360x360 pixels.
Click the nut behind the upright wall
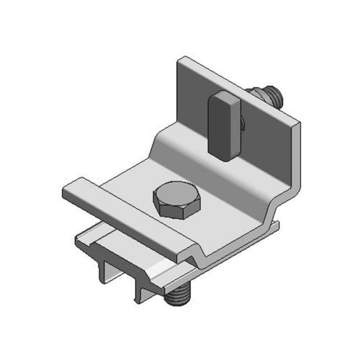257,95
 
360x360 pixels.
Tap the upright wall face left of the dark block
191,102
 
